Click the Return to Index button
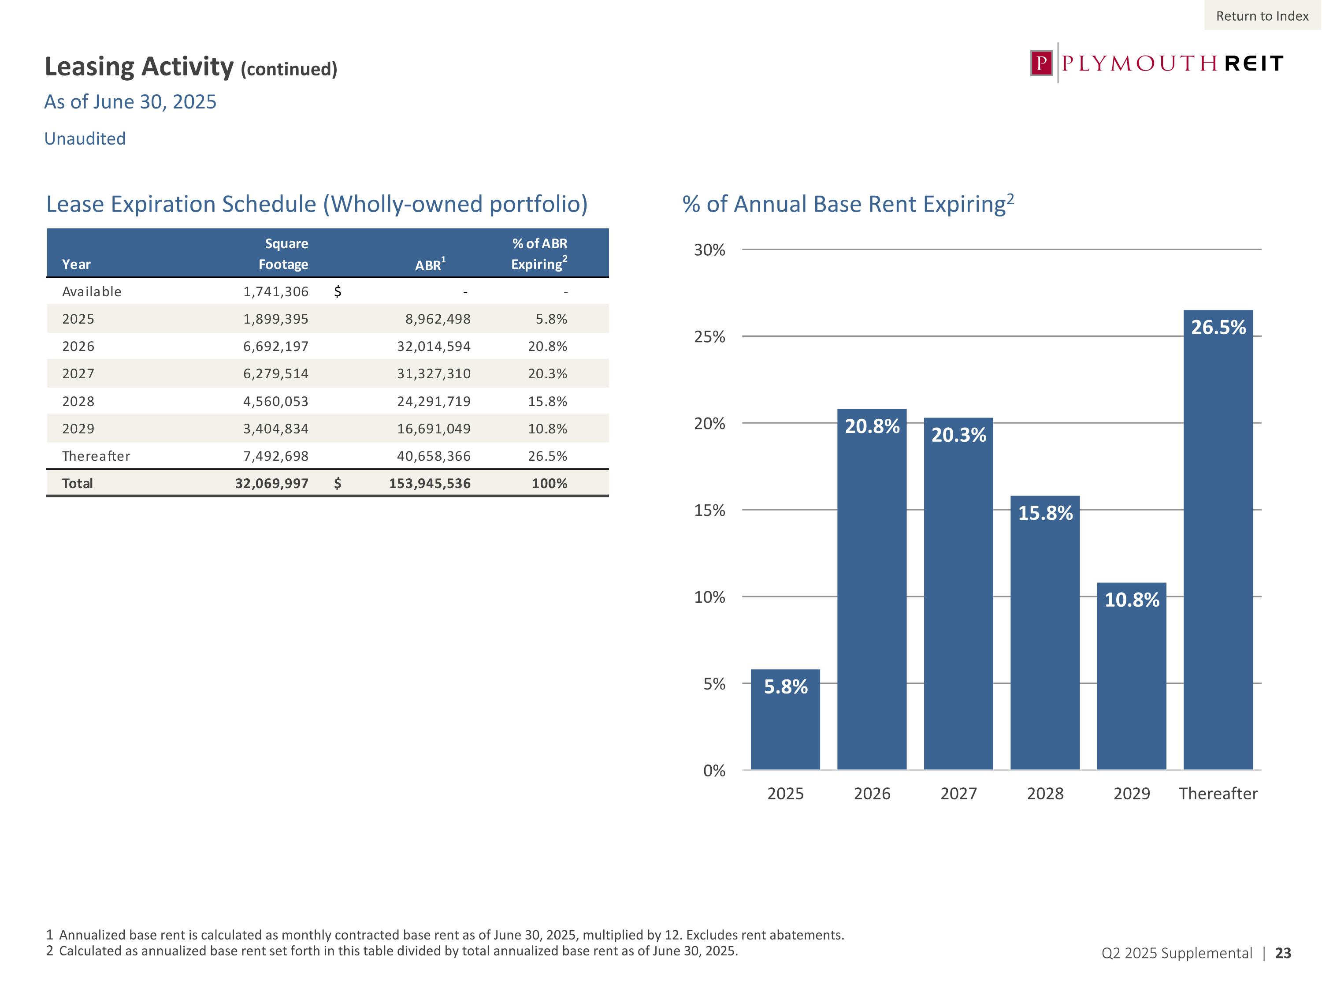point(1262,16)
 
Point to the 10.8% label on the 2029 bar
point(1131,600)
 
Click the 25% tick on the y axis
point(709,337)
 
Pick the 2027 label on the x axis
point(958,794)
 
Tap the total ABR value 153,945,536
point(430,483)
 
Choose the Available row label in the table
point(92,292)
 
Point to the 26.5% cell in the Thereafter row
point(547,456)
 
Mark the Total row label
point(77,483)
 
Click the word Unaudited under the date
point(85,139)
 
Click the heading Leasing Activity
point(139,67)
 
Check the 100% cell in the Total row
point(549,483)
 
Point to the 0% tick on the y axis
point(713,771)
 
